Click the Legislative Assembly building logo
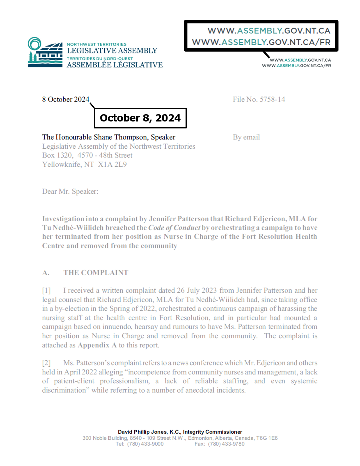tap(45, 53)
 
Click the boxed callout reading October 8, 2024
tap(140, 118)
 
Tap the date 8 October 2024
tap(66, 99)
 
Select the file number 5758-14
tap(272, 99)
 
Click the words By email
tap(246, 137)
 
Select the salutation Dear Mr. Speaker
tap(70, 192)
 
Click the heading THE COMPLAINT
tap(96, 273)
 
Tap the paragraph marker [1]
tap(47, 291)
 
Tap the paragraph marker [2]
tap(47, 363)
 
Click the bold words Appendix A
tap(97, 345)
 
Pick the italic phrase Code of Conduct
tap(174, 228)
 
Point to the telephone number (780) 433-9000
tap(145, 444)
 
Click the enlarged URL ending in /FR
tap(261, 42)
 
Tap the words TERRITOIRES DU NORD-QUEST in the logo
tap(100, 59)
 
